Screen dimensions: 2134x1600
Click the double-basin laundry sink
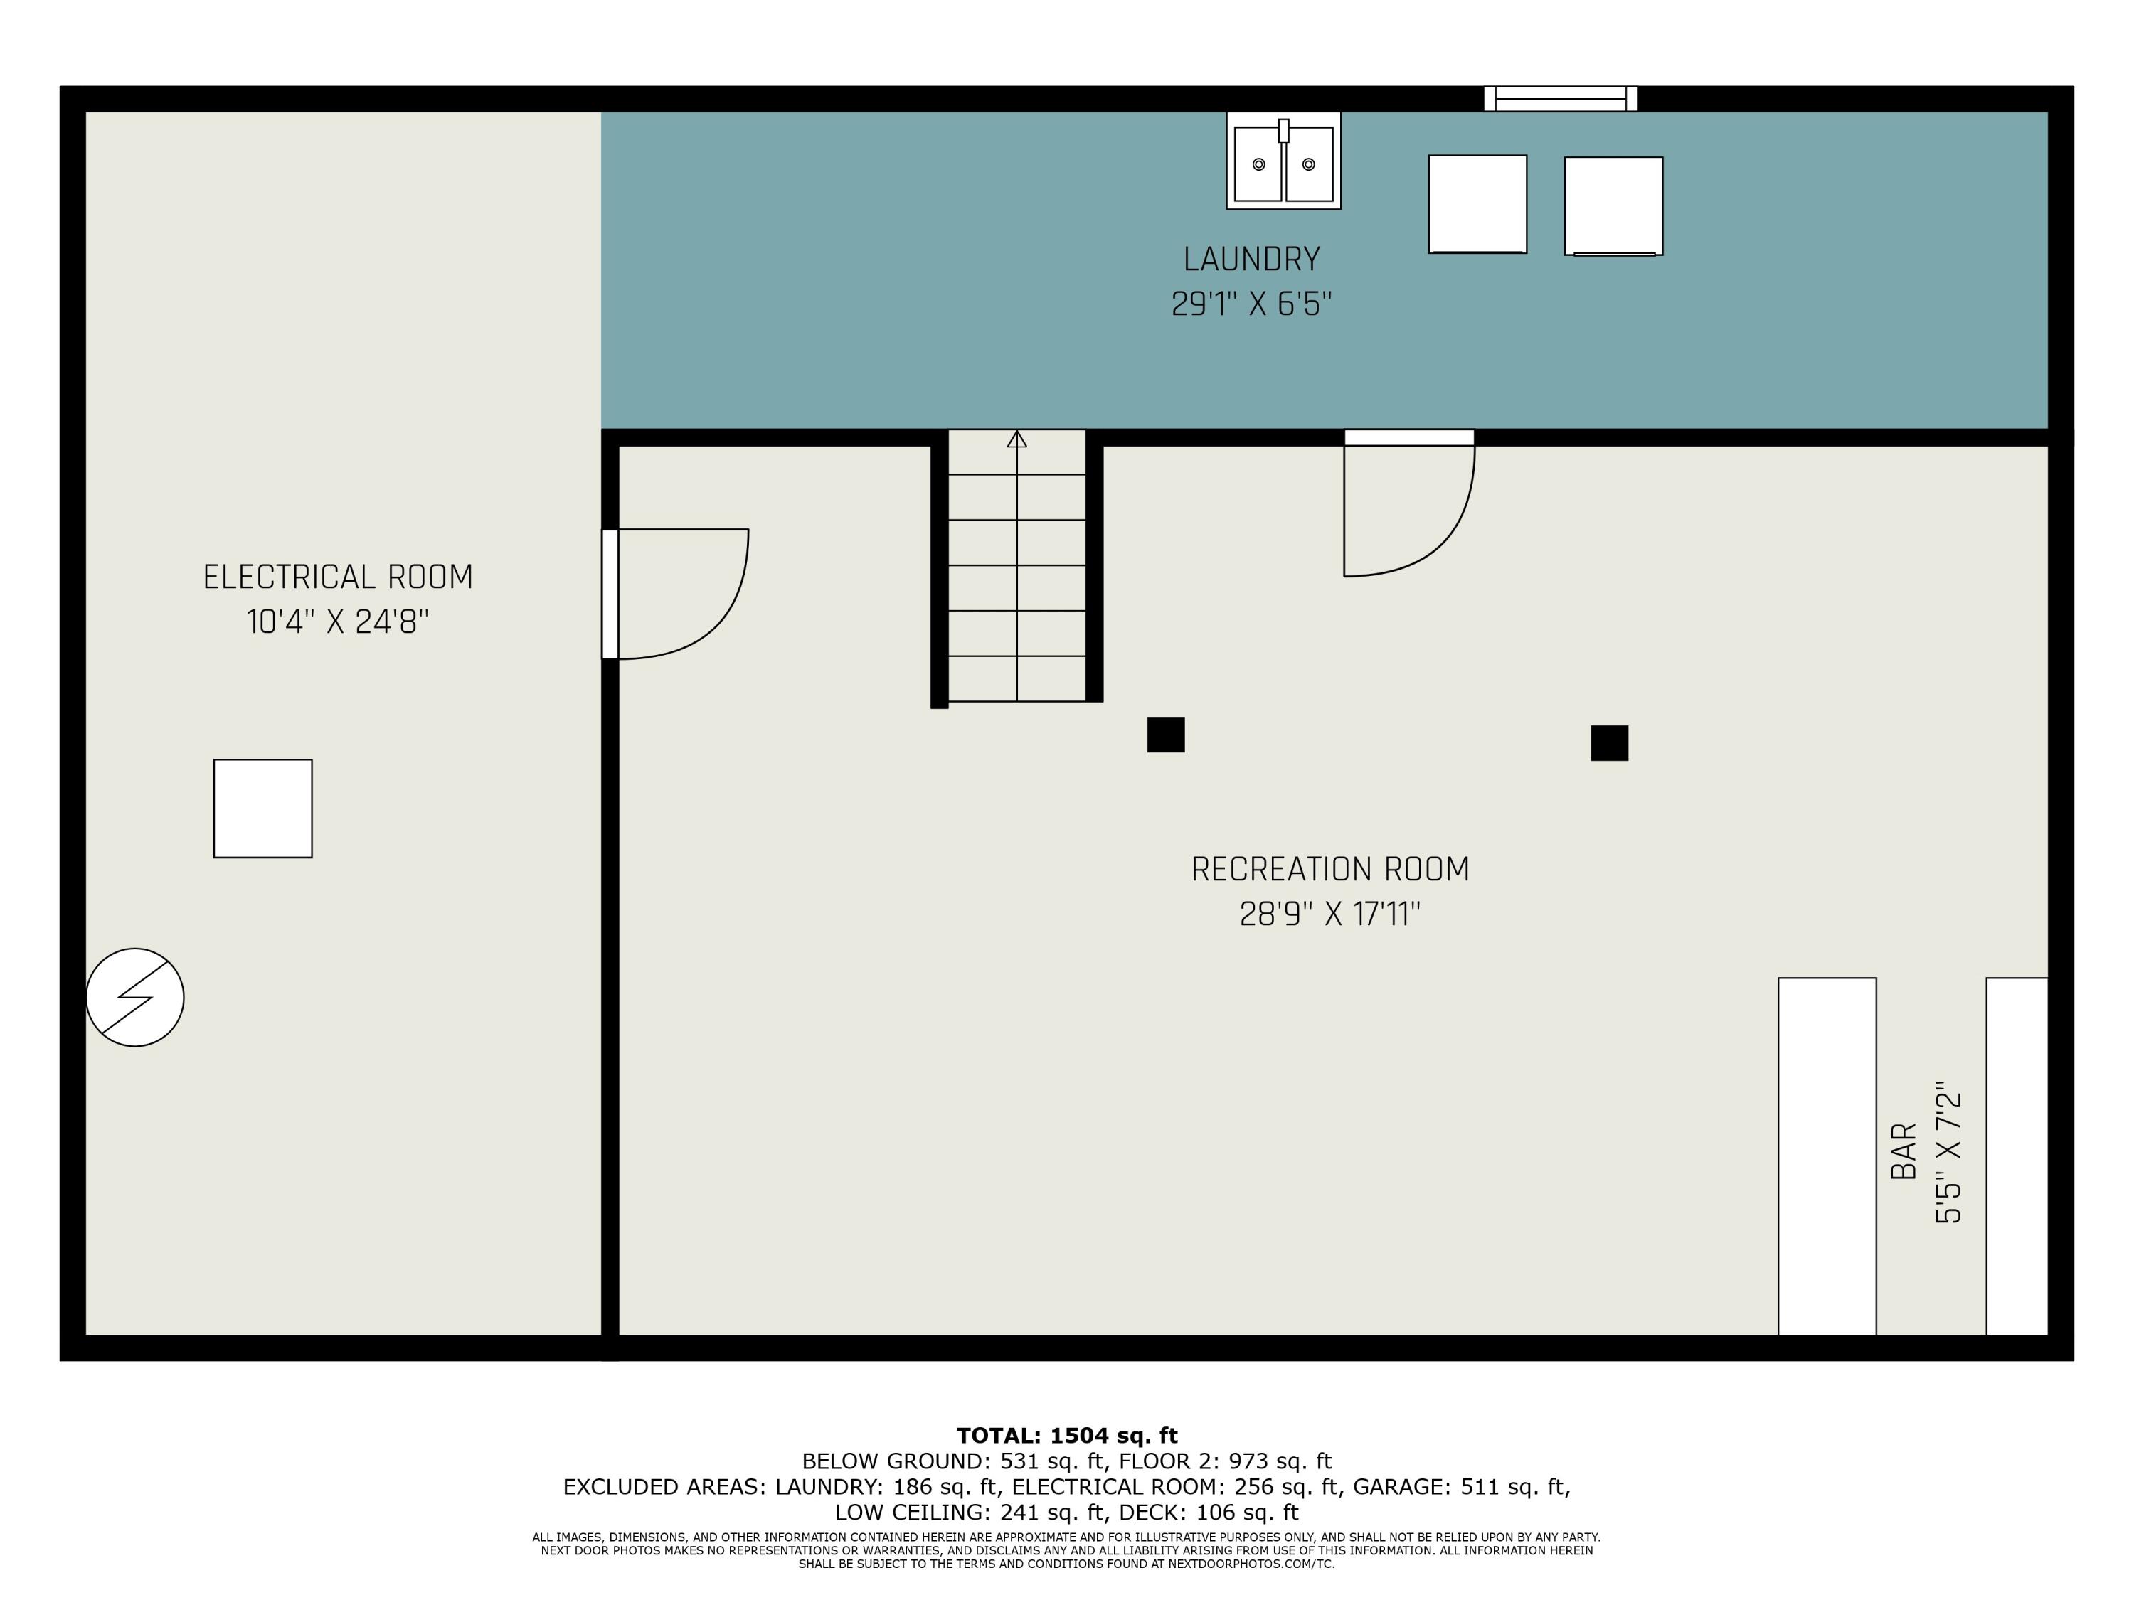(1283, 160)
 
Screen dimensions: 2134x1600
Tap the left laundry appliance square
(1477, 205)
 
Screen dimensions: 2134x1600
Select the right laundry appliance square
(1613, 206)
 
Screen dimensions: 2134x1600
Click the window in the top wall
(1560, 98)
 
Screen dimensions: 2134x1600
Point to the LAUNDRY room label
(1251, 260)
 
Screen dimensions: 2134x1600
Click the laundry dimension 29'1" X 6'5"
(1251, 304)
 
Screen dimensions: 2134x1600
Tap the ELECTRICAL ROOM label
(338, 577)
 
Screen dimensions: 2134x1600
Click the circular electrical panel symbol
(135, 997)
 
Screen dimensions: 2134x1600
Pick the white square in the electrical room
(262, 809)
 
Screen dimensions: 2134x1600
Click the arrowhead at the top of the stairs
(1016, 439)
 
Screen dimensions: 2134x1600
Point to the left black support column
(1165, 735)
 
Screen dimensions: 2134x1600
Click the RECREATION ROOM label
(1330, 869)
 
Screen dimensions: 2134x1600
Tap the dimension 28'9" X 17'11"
(1330, 913)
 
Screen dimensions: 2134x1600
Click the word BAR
(1904, 1151)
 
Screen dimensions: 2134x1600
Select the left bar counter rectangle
(1827, 1156)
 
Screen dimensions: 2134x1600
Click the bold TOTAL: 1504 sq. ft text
(1067, 1436)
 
